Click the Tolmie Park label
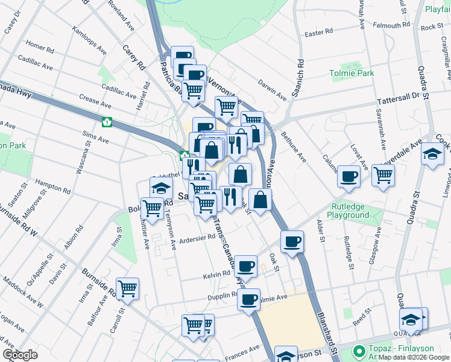click(x=352, y=74)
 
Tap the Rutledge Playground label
click(x=348, y=211)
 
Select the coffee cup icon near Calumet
click(x=348, y=176)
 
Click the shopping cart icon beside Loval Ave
click(x=383, y=175)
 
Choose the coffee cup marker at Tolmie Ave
click(x=248, y=299)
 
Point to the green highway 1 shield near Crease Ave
click(x=107, y=122)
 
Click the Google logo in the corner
click(x=20, y=355)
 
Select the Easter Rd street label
click(x=319, y=33)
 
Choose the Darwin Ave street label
click(x=273, y=87)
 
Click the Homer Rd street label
click(x=40, y=46)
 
